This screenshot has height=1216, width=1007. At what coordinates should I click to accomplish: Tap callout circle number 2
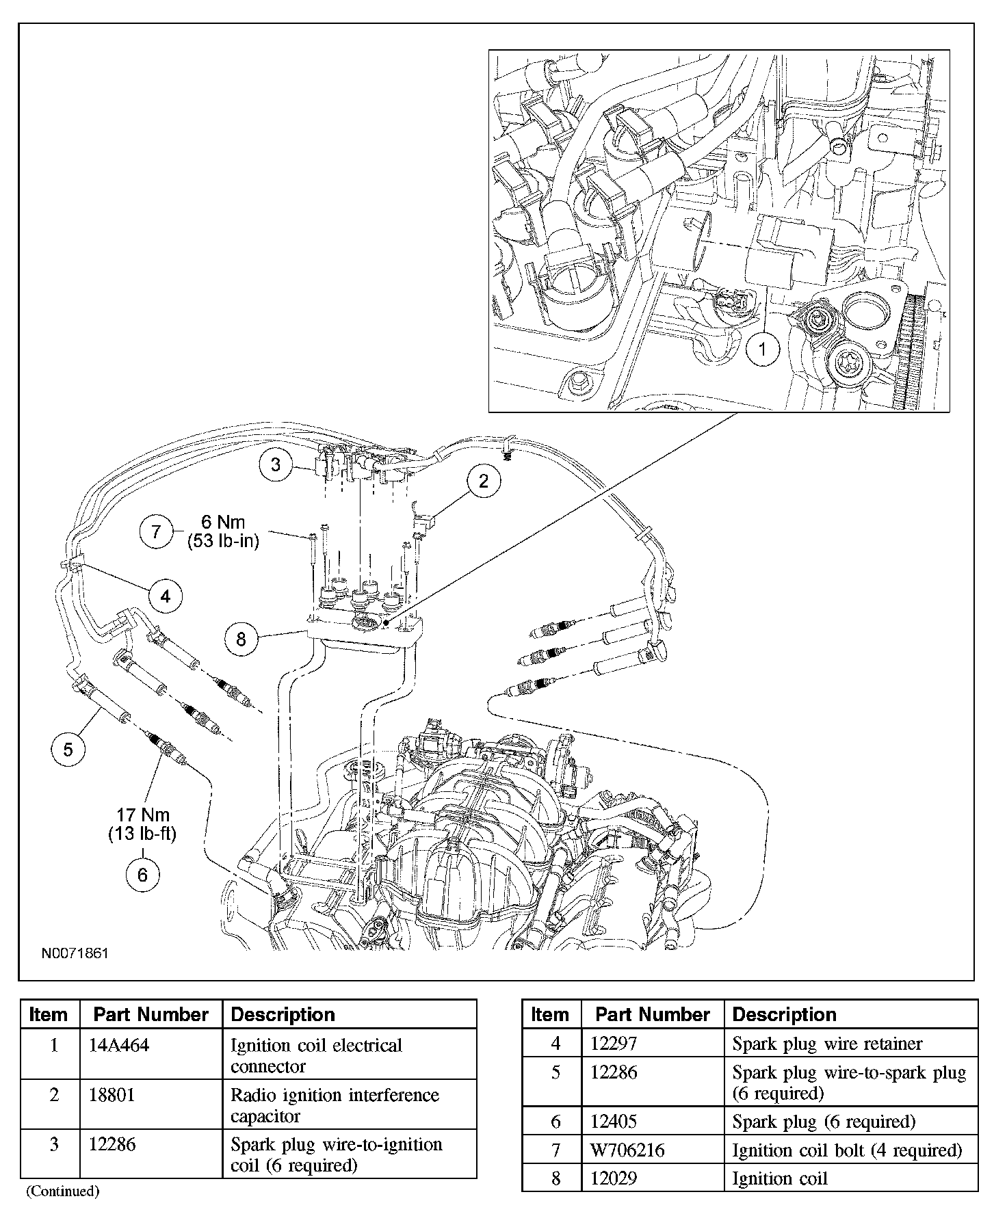[484, 481]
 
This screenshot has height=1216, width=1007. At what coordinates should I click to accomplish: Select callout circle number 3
[276, 465]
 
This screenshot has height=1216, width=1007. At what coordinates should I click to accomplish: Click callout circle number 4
[165, 596]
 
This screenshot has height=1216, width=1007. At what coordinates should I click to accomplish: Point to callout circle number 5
[68, 750]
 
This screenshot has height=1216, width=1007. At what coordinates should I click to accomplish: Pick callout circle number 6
[142, 875]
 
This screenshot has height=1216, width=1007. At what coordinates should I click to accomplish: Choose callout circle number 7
[156, 531]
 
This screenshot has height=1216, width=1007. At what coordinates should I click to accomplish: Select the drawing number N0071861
[75, 953]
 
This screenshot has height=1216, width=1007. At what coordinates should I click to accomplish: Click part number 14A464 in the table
[120, 1046]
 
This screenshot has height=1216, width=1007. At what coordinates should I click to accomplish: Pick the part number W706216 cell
[627, 1150]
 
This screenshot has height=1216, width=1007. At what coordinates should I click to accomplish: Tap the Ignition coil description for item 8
[780, 1178]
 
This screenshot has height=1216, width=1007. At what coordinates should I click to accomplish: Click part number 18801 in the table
[112, 1095]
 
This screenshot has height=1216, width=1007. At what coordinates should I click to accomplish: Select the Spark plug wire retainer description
[827, 1044]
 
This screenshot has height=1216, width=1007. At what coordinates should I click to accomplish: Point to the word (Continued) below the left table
[63, 1191]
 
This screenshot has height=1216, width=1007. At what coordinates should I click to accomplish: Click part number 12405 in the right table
[614, 1122]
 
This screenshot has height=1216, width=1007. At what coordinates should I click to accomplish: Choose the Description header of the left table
[283, 1014]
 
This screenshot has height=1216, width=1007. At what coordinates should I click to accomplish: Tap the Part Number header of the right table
[653, 1014]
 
